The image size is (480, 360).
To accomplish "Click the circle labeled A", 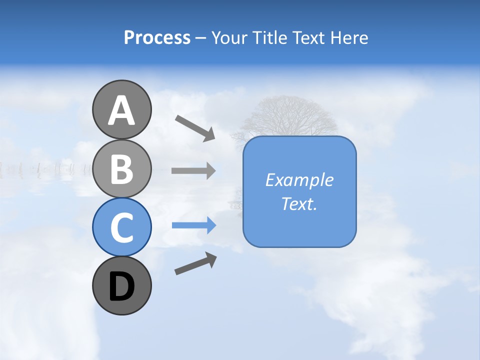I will [121, 110].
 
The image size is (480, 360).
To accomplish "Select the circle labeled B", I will [121, 168].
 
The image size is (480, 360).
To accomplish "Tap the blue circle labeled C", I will [121, 227].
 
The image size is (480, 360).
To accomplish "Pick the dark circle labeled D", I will [121, 286].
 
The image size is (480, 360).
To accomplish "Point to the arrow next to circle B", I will [193, 171].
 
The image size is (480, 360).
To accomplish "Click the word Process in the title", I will [157, 37].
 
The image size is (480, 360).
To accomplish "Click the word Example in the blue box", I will [299, 180].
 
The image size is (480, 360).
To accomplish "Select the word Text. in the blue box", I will [299, 203].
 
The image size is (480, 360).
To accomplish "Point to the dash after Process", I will [201, 38].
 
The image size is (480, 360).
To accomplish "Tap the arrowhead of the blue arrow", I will [210, 225].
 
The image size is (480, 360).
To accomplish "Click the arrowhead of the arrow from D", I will [211, 259].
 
